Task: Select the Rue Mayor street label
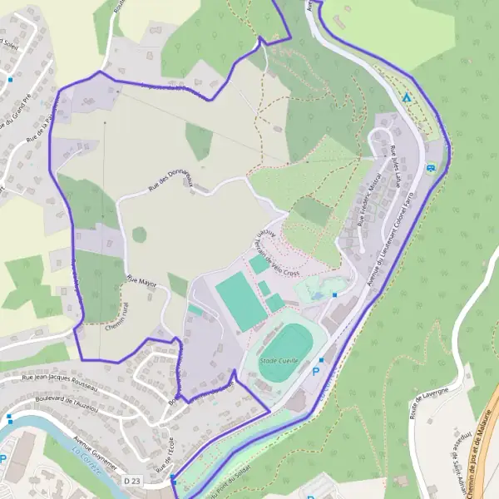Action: click(141, 282)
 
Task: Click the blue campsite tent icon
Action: click(407, 97)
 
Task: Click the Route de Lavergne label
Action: click(429, 403)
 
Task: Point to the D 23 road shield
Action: click(131, 481)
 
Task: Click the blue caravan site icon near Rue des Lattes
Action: click(431, 168)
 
